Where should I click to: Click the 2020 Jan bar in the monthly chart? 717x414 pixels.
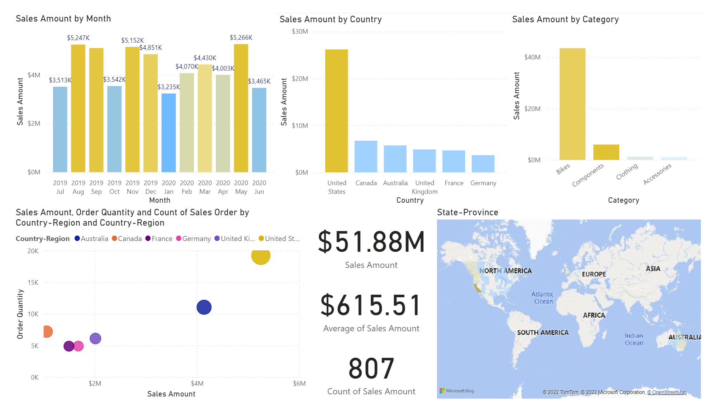168,133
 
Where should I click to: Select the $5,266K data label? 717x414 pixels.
241,38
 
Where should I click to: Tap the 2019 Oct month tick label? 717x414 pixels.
114,187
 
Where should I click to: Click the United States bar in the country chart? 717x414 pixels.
336,111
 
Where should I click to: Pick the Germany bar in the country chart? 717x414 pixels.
483,164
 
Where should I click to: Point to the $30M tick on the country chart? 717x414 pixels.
300,32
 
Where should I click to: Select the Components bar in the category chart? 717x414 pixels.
606,152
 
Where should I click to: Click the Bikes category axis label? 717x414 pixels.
563,169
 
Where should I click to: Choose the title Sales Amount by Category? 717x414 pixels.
565,19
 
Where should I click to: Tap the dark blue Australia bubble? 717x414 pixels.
204,307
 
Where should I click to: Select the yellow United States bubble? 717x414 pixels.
261,256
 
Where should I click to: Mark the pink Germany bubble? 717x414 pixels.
79,346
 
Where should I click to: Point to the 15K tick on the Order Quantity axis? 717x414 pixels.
33,283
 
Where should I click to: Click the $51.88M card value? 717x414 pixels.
371,242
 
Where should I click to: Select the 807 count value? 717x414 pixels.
371,369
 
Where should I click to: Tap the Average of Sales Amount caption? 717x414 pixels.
371,328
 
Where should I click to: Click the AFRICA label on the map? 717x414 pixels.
594,316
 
